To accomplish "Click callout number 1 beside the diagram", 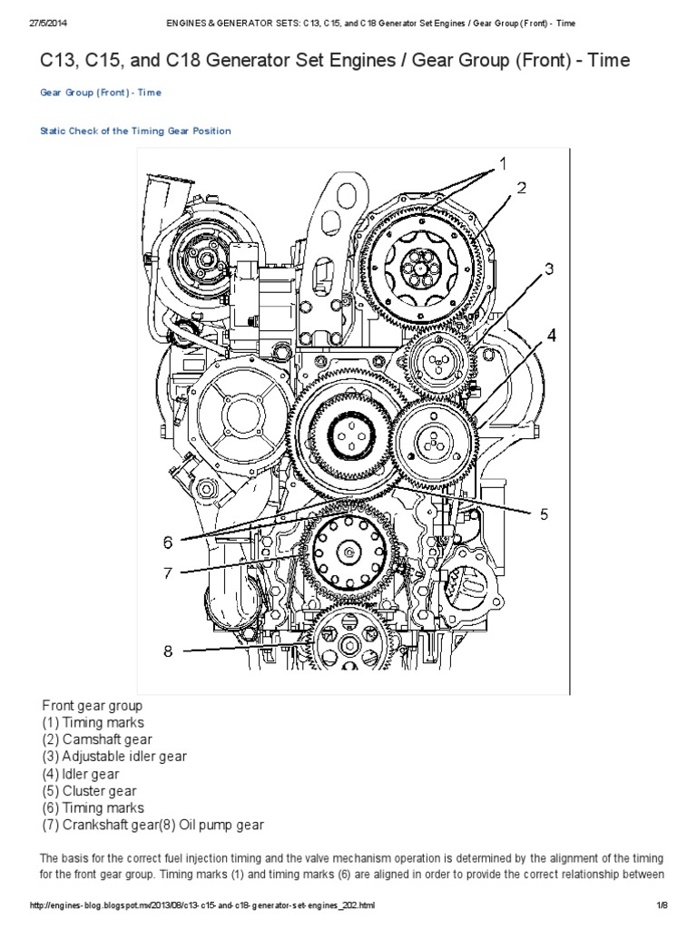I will [500, 165].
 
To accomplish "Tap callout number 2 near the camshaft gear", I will [522, 189].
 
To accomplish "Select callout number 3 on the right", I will [548, 269].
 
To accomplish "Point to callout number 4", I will [551, 334].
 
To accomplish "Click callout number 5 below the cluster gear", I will [544, 513].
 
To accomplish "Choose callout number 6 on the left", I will [168, 543].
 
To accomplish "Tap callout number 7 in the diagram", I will [168, 572].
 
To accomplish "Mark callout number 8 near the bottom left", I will [168, 650].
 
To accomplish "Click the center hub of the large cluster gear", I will [346, 437].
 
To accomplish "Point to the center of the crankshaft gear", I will [351, 550].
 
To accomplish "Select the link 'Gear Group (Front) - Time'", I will [102, 93].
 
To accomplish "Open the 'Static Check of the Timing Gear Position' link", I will [135, 131].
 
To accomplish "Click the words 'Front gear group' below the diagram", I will [93, 705].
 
